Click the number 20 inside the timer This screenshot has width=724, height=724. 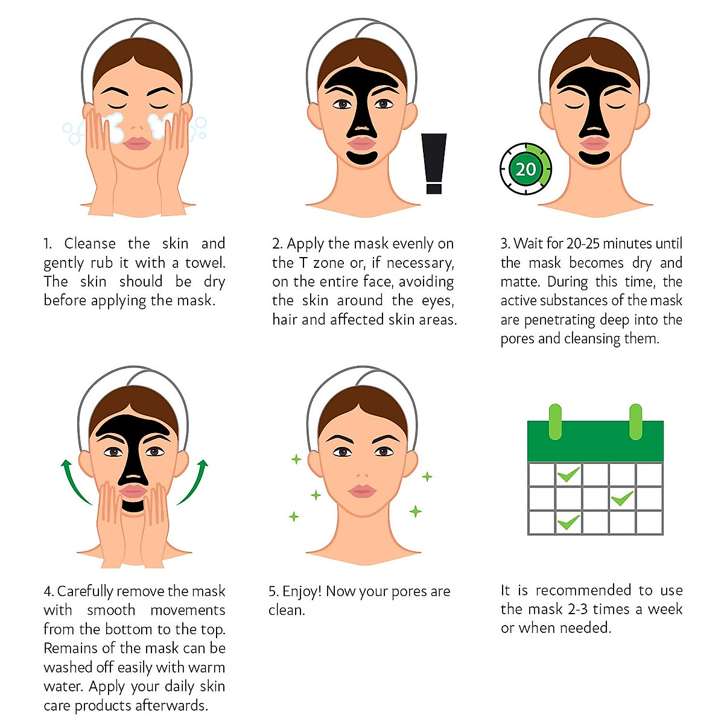click(526, 169)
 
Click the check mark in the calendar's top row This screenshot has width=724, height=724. click(568, 474)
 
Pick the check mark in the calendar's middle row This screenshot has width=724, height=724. click(622, 498)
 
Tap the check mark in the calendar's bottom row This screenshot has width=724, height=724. click(568, 522)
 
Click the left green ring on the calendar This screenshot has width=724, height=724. click(554, 422)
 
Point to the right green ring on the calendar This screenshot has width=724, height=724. click(635, 422)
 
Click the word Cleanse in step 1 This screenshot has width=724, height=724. click(90, 244)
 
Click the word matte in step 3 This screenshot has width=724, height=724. click(520, 282)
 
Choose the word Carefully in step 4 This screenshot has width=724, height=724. click(85, 591)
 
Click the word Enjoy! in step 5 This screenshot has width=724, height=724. click(302, 591)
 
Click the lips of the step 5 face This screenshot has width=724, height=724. click(361, 491)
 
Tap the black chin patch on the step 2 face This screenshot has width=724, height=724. click(362, 158)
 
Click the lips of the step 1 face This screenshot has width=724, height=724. click(137, 143)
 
